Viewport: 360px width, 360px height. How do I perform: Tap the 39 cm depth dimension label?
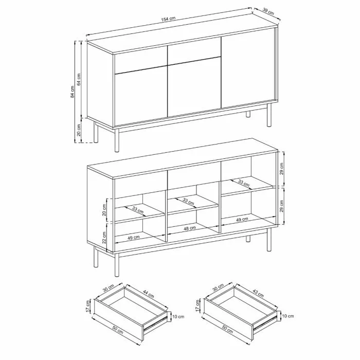coord(268,11)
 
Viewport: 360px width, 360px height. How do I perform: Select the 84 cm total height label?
coord(73,92)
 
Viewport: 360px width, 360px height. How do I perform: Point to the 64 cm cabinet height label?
coord(79,79)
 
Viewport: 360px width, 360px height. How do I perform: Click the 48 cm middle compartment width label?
coord(190,228)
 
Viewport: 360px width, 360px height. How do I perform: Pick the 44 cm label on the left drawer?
coord(148,294)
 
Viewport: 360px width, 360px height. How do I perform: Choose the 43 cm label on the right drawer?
coord(258,293)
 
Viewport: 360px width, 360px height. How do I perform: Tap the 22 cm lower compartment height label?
coord(104,237)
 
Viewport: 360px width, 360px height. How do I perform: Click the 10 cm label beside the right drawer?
coord(287,316)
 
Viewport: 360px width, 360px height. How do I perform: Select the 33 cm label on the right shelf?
coord(244,183)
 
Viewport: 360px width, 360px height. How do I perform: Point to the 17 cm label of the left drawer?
coord(87,306)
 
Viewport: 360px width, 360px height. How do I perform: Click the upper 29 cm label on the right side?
coord(282,169)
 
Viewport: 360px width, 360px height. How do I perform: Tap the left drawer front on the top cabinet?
coord(140,61)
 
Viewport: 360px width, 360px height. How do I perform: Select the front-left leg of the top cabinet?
coord(117,140)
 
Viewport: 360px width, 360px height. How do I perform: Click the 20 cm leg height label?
coord(79,130)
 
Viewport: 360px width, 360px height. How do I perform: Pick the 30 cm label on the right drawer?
coord(218,287)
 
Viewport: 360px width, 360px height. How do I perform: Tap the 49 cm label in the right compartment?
coord(242,220)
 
